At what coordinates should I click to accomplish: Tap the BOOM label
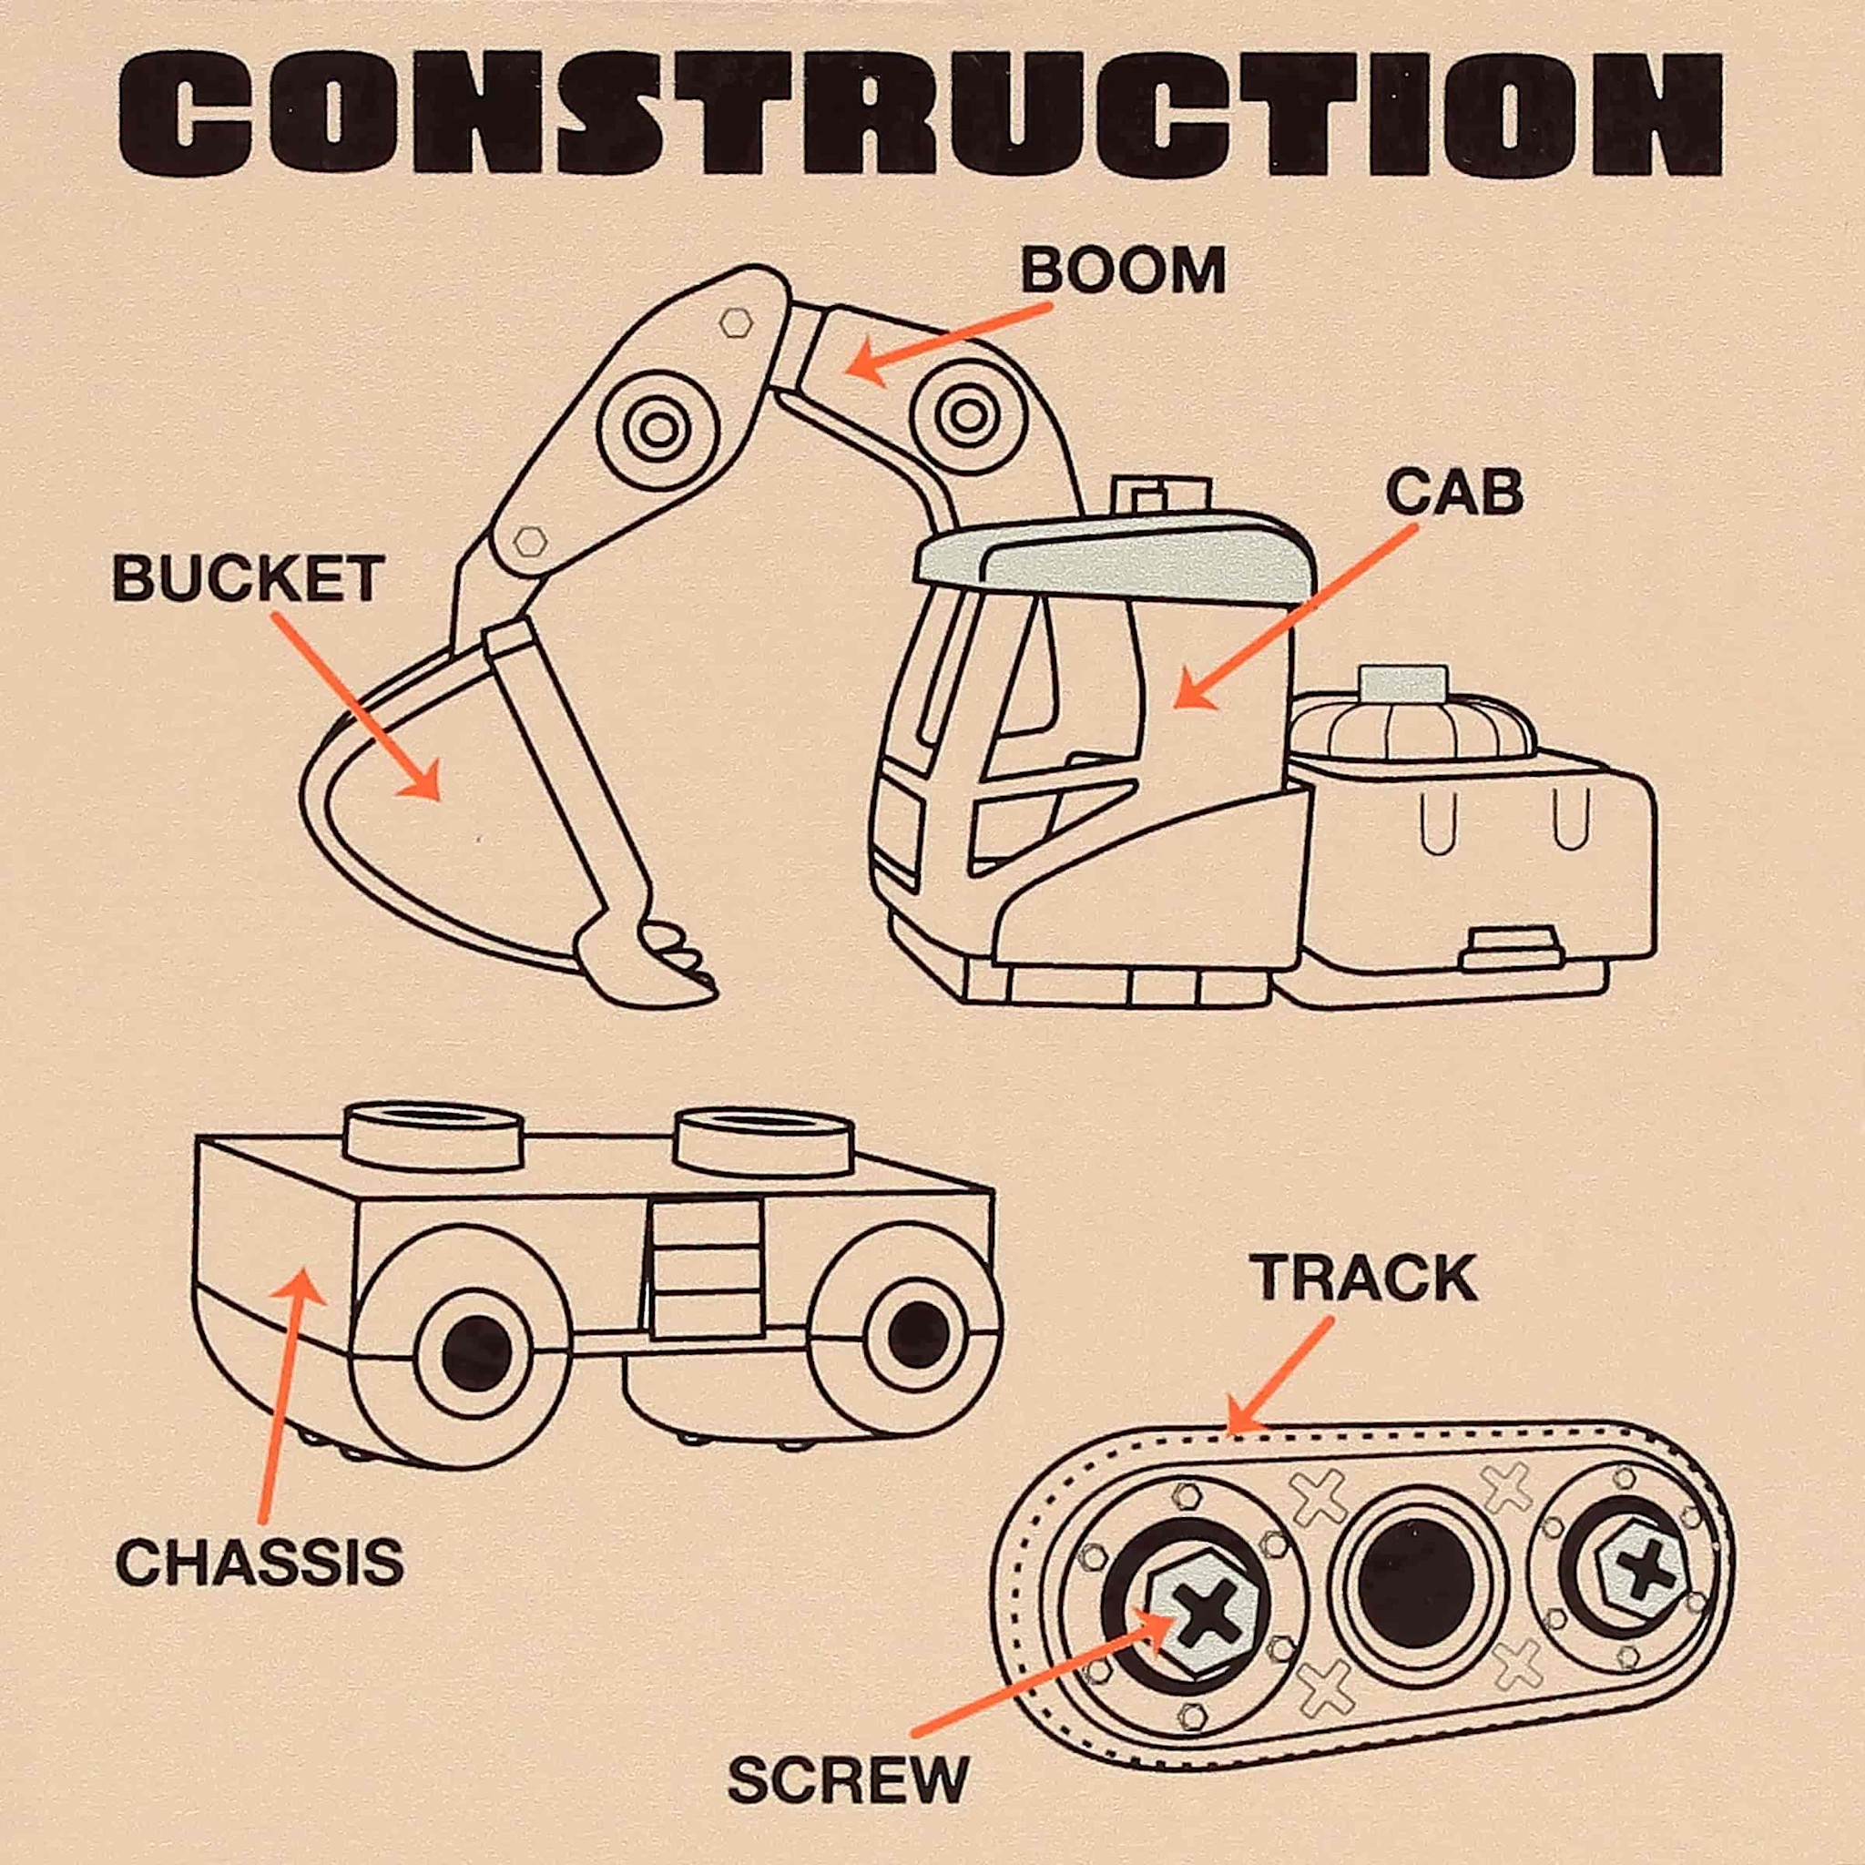[1123, 271]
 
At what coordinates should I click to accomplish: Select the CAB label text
[1453, 494]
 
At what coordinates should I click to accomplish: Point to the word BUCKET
[248, 579]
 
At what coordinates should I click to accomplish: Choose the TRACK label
[1366, 1279]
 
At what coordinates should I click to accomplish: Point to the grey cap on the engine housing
[1402, 682]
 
